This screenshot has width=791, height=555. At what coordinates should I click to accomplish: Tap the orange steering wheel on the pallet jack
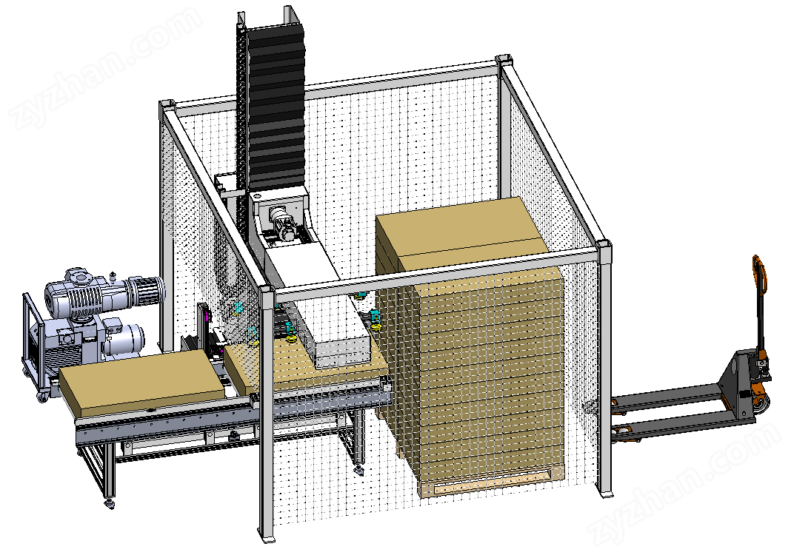tap(761, 401)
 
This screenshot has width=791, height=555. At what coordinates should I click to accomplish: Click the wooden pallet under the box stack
tap(492, 483)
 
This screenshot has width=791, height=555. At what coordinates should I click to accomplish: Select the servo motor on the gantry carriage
tap(281, 223)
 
